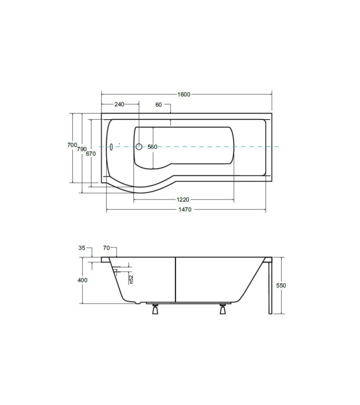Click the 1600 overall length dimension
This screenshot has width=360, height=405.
tap(184, 94)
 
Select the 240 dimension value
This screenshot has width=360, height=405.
tap(119, 104)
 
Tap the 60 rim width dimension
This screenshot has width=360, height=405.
tap(158, 105)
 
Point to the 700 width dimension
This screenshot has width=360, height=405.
tap(72, 145)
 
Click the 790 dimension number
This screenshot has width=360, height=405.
tap(82, 149)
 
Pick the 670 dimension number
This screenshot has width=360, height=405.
tap(91, 154)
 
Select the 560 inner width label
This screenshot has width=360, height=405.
tap(152, 147)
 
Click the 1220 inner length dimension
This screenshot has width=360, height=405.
tap(183, 199)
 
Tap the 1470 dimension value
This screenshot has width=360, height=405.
tap(185, 210)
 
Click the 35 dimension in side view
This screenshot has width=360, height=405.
tap(82, 248)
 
